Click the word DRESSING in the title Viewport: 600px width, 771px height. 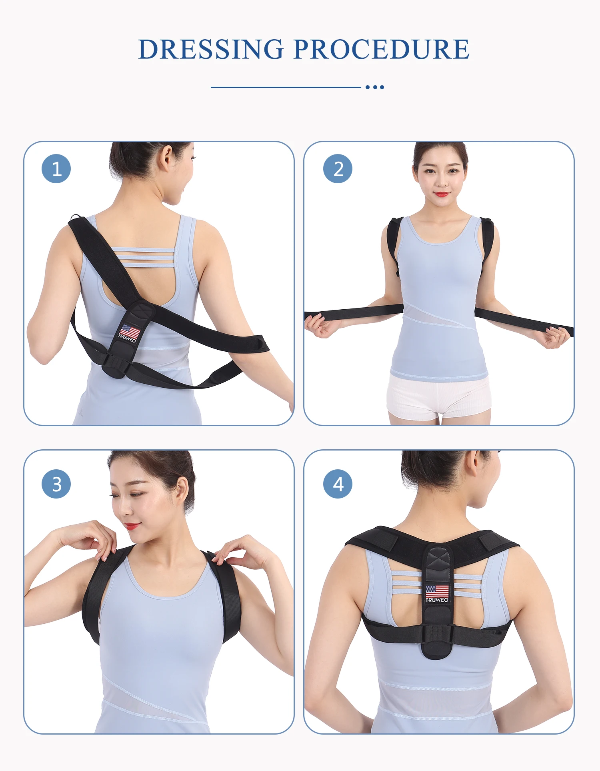click(211, 50)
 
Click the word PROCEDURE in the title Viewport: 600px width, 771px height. click(381, 50)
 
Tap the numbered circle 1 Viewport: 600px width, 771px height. click(56, 169)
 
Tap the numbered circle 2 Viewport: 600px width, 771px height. click(338, 169)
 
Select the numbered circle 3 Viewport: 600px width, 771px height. click(56, 484)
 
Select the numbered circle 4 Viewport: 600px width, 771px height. click(338, 484)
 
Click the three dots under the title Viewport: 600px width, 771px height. click(375, 87)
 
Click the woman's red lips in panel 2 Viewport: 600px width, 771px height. click(442, 194)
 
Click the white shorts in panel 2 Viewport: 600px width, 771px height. click(438, 398)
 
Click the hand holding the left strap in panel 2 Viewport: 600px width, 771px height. click(320, 325)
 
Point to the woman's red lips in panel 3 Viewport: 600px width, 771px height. click(132, 526)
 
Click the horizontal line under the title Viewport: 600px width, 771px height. click(286, 87)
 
